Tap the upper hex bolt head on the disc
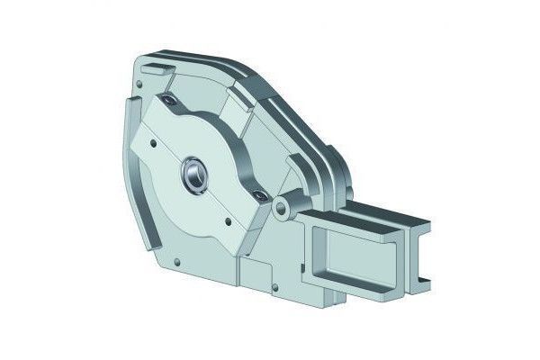(x=168, y=101)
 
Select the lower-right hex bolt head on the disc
(x=259, y=194)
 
